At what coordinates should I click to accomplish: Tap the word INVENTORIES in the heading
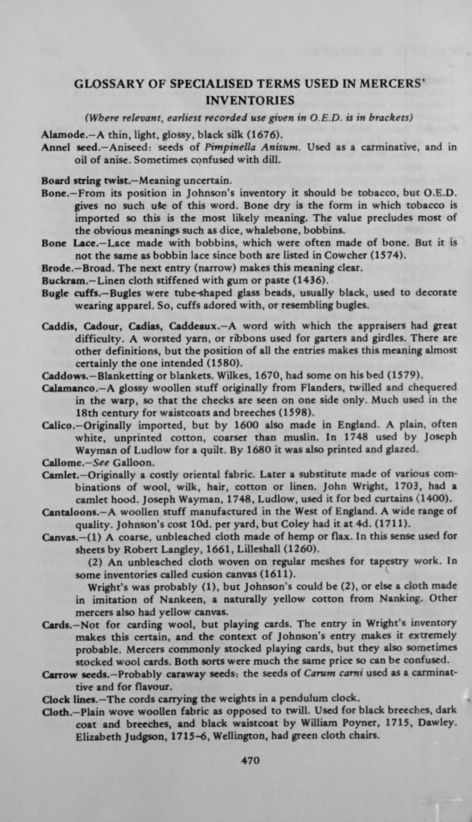pos(251,101)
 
